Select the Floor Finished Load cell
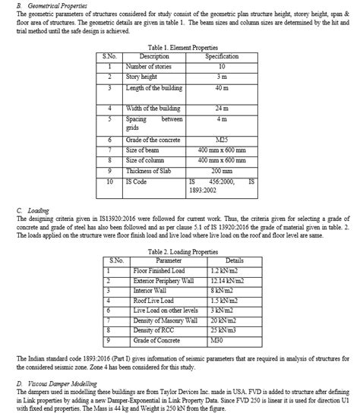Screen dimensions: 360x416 coord(159,270)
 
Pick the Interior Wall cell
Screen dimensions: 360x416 coord(148,290)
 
